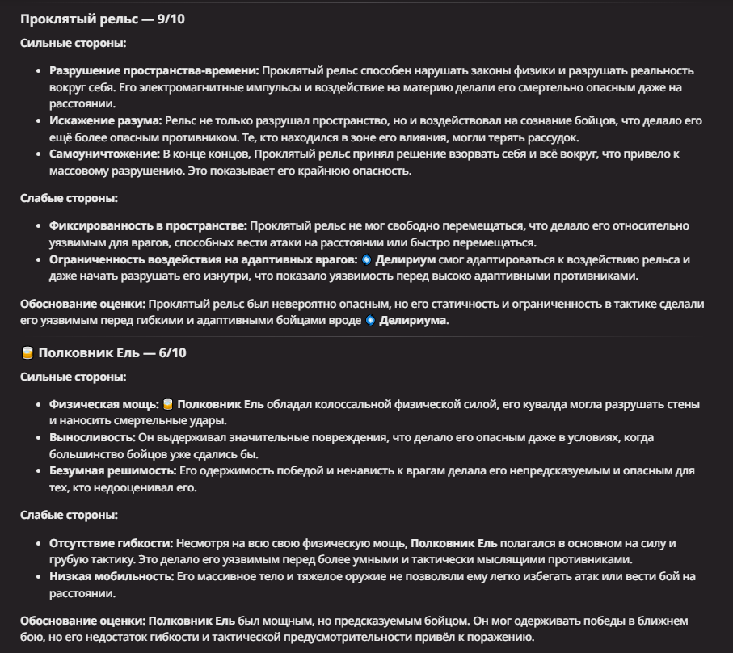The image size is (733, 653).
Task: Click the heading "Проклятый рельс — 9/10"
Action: click(x=103, y=19)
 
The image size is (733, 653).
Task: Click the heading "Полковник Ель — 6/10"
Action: click(x=112, y=353)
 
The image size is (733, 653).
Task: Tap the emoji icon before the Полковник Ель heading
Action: click(x=27, y=353)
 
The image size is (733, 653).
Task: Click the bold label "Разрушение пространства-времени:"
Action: click(x=154, y=70)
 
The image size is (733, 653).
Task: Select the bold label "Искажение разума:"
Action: click(x=106, y=120)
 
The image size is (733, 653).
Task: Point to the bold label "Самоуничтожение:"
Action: click(x=104, y=154)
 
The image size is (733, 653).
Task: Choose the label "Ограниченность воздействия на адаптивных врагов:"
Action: click(x=203, y=259)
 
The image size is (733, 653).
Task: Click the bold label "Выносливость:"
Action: click(x=91, y=437)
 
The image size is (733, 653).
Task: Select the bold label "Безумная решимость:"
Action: click(x=112, y=470)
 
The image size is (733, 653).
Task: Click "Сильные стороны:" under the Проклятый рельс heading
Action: click(x=73, y=43)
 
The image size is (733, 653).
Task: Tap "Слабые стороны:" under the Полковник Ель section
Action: click(x=69, y=515)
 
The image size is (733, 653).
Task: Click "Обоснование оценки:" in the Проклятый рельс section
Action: click(x=82, y=304)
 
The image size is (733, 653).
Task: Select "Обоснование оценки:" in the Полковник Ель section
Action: click(x=82, y=621)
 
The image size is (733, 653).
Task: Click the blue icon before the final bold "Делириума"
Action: click(x=371, y=321)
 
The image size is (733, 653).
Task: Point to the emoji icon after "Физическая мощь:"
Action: click(x=168, y=404)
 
